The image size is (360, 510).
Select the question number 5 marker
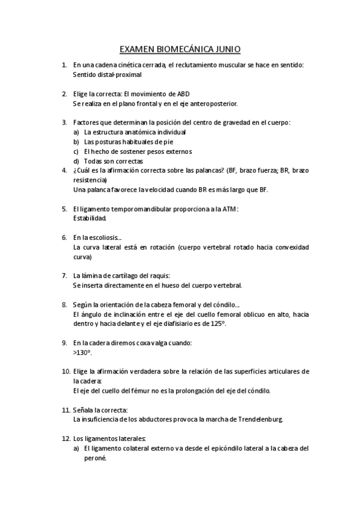[x=64, y=209]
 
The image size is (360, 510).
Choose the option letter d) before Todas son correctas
[x=76, y=161]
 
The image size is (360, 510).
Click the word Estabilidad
[x=90, y=219]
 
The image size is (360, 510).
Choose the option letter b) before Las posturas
[x=76, y=142]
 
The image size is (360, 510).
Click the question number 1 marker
[x=64, y=65]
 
